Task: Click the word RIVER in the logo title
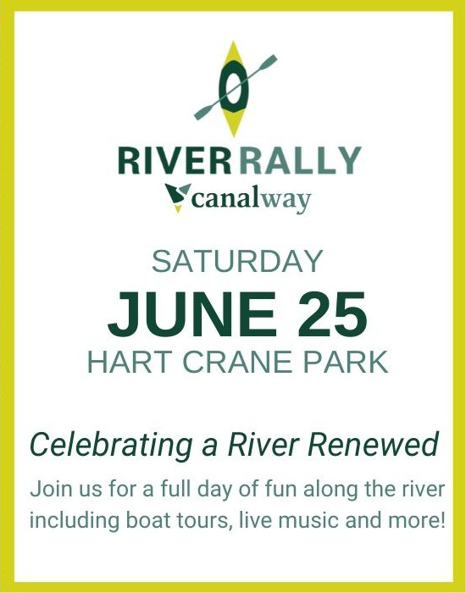(x=175, y=160)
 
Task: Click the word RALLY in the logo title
(x=300, y=160)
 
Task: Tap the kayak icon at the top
(x=235, y=88)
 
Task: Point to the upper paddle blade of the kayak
(x=267, y=63)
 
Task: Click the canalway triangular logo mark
(x=177, y=197)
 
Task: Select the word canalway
(x=251, y=199)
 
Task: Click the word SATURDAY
(x=237, y=261)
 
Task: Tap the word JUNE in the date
(x=192, y=314)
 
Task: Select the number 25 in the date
(x=332, y=314)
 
